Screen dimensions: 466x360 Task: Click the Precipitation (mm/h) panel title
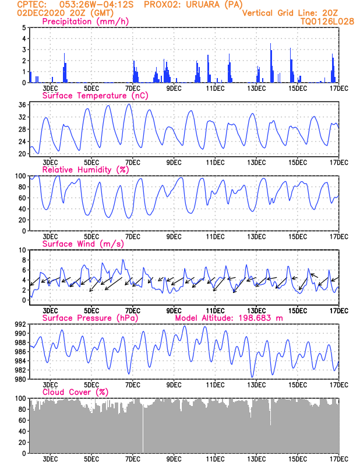coord(85,22)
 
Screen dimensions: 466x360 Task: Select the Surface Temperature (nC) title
coord(93,95)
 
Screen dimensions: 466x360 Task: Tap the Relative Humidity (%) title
coord(84,170)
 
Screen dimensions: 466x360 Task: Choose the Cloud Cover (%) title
coord(75,391)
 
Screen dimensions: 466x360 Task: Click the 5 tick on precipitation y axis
coord(24,28)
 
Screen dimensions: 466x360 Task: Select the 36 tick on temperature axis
coord(22,105)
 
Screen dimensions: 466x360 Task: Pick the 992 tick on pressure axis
coord(19,324)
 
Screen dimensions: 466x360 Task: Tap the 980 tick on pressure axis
coord(19,379)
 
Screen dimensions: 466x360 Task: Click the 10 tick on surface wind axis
coord(22,250)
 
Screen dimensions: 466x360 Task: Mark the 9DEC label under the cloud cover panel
coord(174,459)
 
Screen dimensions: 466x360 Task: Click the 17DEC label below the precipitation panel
coord(338,89)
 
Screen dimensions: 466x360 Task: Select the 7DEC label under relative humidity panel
coord(132,237)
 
